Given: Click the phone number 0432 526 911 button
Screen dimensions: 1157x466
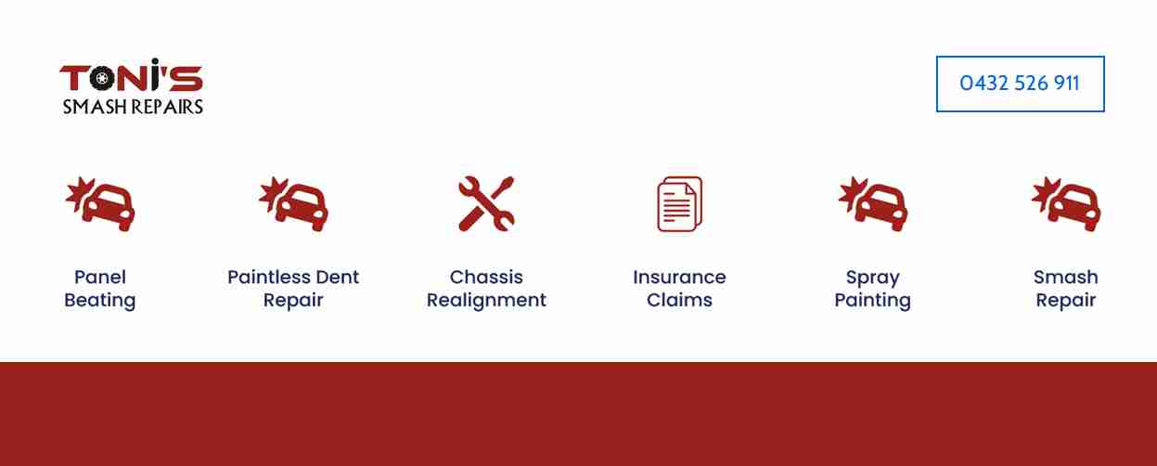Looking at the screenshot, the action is [1020, 84].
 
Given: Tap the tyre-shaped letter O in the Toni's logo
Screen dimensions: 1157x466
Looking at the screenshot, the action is [102, 78].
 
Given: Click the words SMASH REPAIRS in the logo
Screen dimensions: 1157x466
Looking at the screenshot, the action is [133, 107].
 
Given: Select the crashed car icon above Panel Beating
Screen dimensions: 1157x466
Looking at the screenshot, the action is [100, 203].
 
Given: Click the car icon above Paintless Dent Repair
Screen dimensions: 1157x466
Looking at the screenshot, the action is [293, 203].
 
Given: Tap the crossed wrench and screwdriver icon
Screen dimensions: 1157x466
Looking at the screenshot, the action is [486, 203].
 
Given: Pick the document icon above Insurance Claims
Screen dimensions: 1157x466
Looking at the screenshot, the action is [680, 203].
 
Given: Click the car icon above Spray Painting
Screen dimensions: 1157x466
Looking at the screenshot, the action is [873, 203].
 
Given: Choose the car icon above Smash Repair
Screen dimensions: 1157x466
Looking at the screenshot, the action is [1066, 203].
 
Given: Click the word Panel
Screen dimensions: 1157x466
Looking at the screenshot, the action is [100, 277].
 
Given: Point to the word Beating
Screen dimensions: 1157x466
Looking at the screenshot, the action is [100, 300].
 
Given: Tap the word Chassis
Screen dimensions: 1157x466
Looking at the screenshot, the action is [486, 277].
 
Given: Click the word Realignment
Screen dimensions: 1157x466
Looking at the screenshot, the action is [486, 300].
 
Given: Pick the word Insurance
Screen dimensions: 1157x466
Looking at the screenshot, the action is [680, 277].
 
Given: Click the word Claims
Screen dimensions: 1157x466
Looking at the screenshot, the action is [680, 300].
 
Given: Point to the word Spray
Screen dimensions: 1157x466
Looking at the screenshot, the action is [873, 278].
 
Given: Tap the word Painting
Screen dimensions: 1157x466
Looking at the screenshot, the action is [873, 300].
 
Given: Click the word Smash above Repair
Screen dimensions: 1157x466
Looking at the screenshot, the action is [1066, 277].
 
